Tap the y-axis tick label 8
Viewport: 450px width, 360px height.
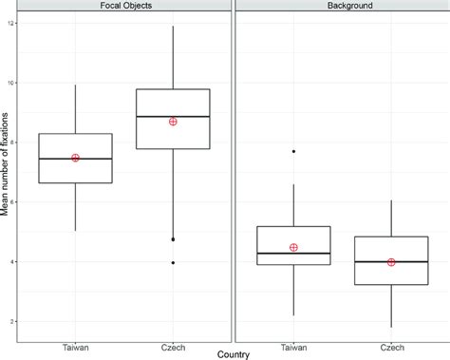click(12, 142)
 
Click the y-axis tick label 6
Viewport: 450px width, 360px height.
click(12, 202)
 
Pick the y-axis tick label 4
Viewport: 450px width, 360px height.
click(12, 262)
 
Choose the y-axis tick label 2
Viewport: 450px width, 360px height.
click(12, 322)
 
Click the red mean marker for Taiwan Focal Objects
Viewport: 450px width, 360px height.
click(75, 158)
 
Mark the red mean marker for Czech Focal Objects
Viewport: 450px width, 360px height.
click(173, 122)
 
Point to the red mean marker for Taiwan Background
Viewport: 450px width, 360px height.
click(293, 247)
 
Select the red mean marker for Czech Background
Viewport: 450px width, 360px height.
click(391, 262)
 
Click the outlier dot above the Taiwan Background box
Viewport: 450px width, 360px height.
click(293, 151)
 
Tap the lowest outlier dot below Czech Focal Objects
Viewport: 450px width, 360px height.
click(173, 262)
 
